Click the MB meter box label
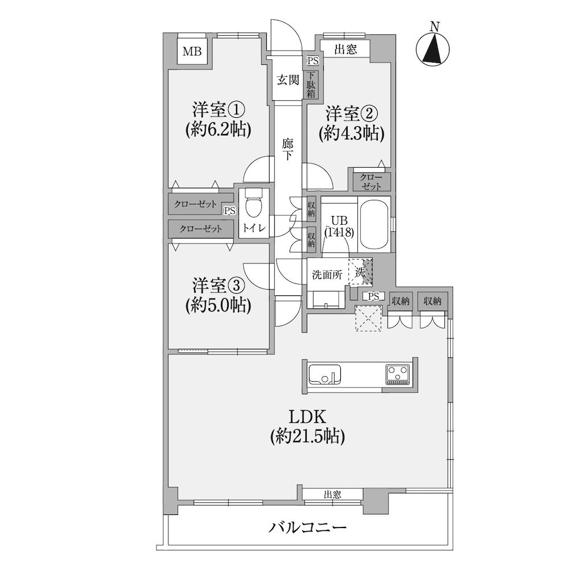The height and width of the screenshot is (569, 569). click(192, 52)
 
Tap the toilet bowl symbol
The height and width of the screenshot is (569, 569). click(254, 204)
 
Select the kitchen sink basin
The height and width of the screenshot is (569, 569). click(325, 374)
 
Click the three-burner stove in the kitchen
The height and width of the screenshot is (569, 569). click(397, 374)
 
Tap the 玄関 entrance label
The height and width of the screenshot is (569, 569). click(288, 80)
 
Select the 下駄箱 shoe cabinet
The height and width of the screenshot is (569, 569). click(311, 85)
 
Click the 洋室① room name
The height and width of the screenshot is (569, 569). click(218, 110)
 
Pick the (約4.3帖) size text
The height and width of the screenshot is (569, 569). click(351, 134)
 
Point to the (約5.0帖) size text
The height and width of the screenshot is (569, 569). click(218, 306)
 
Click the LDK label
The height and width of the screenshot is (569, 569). click(307, 417)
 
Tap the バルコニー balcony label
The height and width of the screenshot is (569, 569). click(307, 527)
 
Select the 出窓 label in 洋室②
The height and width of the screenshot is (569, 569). click(345, 50)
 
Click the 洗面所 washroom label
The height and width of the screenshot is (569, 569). click(327, 275)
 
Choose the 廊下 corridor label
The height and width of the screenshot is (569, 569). click(288, 150)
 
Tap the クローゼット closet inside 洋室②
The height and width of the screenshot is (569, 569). click(370, 182)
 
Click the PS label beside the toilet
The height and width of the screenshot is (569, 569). click(230, 211)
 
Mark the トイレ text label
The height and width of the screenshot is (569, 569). click(254, 228)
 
